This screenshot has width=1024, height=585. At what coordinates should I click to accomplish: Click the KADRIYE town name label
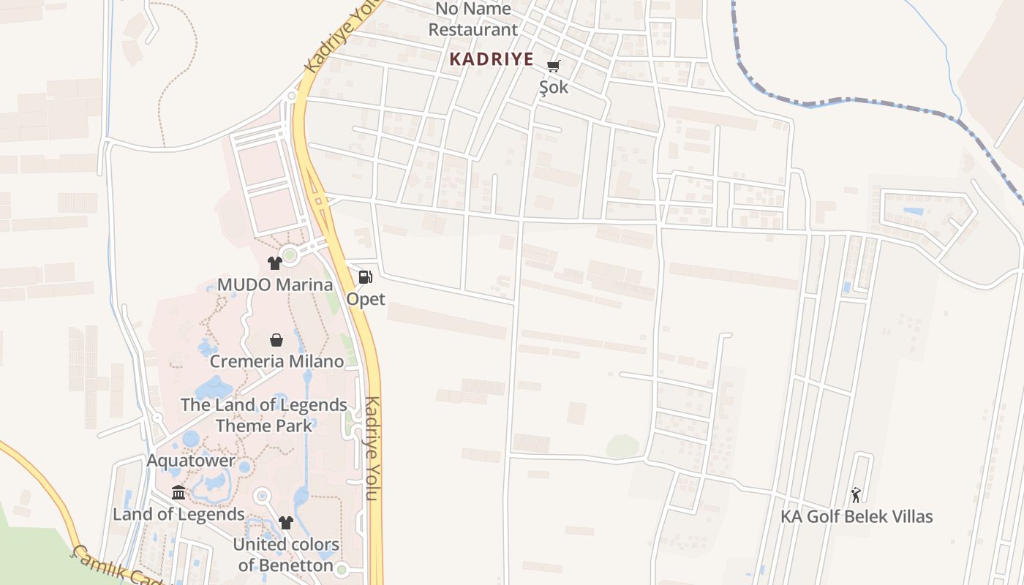[x=491, y=59]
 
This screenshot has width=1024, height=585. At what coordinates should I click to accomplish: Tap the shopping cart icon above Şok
[x=554, y=66]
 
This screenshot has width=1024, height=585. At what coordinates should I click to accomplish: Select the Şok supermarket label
[x=553, y=87]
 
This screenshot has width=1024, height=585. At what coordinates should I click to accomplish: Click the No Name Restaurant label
[x=473, y=20]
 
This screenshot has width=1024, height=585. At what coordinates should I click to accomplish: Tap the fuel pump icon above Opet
[x=365, y=276]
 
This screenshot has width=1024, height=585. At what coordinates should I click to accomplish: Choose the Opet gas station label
[x=366, y=298]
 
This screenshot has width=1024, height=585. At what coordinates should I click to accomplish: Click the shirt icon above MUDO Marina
[x=274, y=263]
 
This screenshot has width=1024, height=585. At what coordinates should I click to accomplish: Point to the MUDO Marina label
[x=275, y=284]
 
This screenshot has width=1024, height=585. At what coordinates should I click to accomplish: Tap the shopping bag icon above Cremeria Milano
[x=276, y=339]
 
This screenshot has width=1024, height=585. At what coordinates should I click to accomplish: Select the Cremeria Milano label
[x=276, y=361]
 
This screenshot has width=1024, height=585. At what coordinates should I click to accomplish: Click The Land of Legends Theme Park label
[x=264, y=415]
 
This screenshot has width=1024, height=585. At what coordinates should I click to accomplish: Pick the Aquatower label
[x=191, y=461]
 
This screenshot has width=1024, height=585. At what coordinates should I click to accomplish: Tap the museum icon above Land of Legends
[x=178, y=492]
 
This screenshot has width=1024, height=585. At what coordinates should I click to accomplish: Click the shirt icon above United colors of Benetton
[x=285, y=523]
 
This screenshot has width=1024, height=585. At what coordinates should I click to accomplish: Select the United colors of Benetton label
[x=286, y=554]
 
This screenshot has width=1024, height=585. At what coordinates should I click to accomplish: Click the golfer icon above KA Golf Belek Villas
[x=856, y=495]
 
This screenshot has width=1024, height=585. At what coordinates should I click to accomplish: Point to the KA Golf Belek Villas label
[x=857, y=516]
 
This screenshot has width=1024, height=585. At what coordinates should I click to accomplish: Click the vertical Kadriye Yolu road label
[x=372, y=448]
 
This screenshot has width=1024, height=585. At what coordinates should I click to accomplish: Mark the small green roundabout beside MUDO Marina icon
[x=290, y=255]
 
